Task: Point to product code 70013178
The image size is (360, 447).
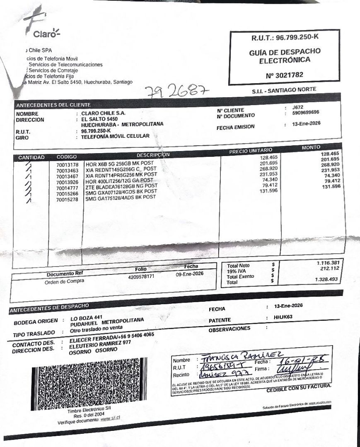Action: coord(67,165)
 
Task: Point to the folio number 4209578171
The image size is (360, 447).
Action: coord(141,276)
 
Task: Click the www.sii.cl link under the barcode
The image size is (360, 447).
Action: coord(110,419)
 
